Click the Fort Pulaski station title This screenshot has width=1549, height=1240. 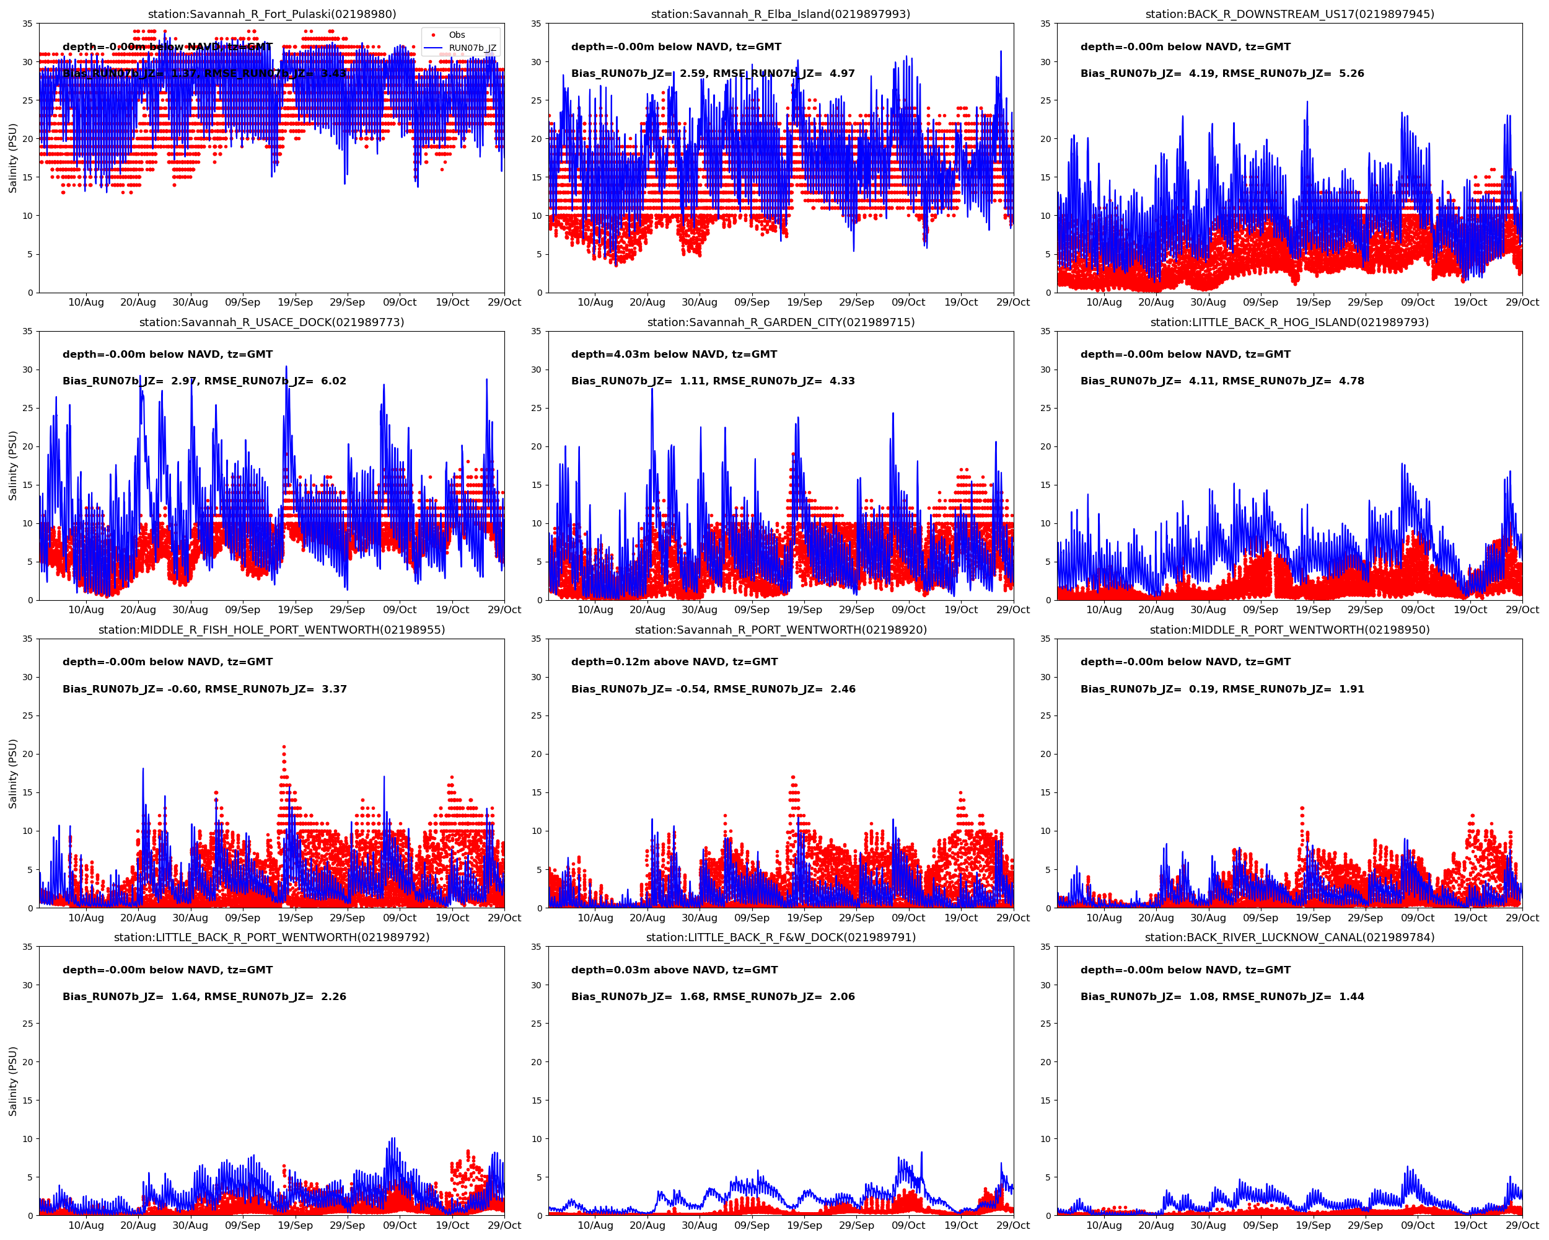click(x=271, y=14)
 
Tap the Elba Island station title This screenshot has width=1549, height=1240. click(x=780, y=14)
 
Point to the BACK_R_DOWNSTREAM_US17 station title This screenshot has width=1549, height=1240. click(x=1289, y=14)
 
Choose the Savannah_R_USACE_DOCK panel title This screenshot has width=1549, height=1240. click(x=271, y=322)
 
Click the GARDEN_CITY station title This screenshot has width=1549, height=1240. click(x=780, y=322)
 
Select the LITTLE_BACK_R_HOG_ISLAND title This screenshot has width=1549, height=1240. click(x=1289, y=322)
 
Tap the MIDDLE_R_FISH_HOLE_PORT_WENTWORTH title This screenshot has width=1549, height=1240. click(x=271, y=630)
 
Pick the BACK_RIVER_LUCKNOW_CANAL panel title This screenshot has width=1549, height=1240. click(x=1289, y=937)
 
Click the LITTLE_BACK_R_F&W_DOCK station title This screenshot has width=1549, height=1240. click(x=780, y=937)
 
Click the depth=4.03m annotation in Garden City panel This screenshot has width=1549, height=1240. click(x=674, y=355)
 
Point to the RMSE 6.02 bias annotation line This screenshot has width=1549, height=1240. click(x=204, y=381)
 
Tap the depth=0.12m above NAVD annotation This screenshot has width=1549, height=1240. click(x=674, y=662)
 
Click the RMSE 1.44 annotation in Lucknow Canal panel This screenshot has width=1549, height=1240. click(x=1221, y=996)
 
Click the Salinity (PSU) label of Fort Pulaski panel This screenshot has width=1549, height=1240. click(x=13, y=158)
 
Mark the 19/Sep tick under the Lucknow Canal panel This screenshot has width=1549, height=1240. click(x=1313, y=1226)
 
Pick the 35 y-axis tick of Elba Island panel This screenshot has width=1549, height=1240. click(x=536, y=24)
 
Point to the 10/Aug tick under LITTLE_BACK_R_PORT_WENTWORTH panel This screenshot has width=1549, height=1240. click(x=86, y=1226)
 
